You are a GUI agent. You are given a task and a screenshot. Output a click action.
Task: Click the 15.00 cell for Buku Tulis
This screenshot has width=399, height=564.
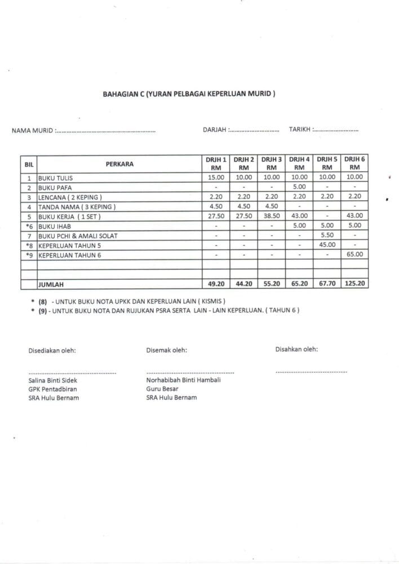[x=216, y=177]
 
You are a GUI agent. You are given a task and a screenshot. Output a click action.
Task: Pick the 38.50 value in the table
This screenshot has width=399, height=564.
[x=272, y=216]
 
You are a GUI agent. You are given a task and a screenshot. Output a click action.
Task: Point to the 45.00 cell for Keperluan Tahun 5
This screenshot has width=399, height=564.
[x=327, y=245]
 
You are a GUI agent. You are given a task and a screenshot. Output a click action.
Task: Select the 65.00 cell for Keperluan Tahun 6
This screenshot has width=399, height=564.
[x=354, y=255]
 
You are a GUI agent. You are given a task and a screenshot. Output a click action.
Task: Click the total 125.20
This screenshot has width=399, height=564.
[x=354, y=284]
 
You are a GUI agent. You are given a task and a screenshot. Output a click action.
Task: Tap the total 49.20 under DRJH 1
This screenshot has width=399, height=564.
[x=216, y=284]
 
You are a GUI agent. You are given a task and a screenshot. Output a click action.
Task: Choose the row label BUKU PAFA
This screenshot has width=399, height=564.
[x=55, y=187]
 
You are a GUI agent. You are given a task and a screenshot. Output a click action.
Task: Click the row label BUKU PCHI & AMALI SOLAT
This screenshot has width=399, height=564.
[x=78, y=236]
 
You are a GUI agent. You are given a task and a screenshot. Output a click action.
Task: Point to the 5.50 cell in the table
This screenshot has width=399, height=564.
[x=327, y=235]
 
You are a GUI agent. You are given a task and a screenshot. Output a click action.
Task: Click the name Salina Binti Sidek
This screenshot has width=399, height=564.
[x=52, y=380]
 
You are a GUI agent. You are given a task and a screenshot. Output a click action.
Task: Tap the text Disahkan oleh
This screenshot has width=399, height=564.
[x=296, y=349]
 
